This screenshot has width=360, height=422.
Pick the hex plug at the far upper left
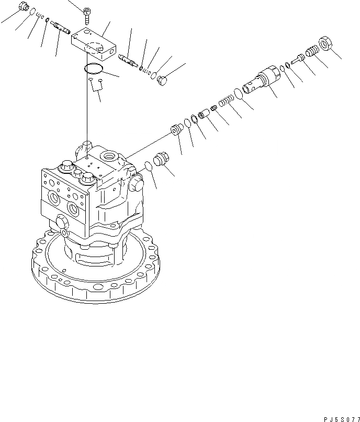pyautogui.click(x=22, y=7)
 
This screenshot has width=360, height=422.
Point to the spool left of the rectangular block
pyautogui.click(x=61, y=27)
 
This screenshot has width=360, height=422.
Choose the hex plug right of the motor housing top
pyautogui.click(x=161, y=160)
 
